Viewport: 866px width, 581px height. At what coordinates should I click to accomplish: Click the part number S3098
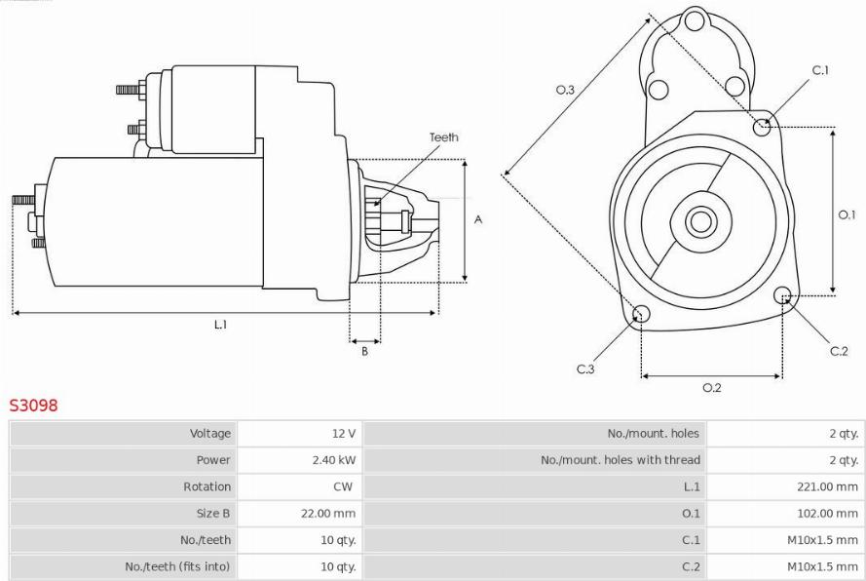pos(33,406)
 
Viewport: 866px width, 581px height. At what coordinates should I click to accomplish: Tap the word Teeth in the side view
pos(444,137)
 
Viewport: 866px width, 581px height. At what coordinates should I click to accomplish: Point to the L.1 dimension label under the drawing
pos(220,325)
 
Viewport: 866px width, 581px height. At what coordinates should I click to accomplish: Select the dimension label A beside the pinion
pos(478,219)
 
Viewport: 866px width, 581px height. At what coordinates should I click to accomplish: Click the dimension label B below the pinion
pos(364,351)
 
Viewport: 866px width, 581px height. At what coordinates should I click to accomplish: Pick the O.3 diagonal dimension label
pos(565,90)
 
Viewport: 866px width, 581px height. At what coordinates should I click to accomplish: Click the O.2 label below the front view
pos(712,388)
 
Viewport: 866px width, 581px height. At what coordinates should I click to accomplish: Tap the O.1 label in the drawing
pos(847,214)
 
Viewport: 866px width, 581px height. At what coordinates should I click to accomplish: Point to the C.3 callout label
pos(585,368)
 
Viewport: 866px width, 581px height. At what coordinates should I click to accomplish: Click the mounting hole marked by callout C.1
pos(762,127)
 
